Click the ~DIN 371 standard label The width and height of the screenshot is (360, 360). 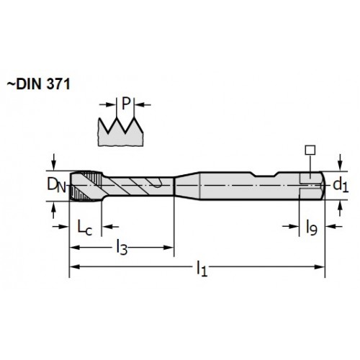click(38, 84)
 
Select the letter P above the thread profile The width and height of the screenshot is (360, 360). click(126, 104)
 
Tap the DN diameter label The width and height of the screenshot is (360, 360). click(57, 185)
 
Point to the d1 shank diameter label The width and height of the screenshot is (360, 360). click(341, 185)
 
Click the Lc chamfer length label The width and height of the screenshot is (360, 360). click(84, 227)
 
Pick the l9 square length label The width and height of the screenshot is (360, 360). click(312, 227)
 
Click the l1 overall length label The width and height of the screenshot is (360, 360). click(202, 269)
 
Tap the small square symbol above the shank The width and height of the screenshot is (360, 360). click(310, 150)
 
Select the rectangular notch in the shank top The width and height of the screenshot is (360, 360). click(264, 174)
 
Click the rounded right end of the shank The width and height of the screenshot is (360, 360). click(322, 185)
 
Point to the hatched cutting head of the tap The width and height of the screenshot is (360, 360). click(86, 186)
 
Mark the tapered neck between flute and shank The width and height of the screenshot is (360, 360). click(186, 186)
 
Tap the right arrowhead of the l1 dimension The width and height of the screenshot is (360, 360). click(320, 267)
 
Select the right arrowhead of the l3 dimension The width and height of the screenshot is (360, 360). click(168, 248)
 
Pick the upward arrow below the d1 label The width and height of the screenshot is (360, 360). click(340, 209)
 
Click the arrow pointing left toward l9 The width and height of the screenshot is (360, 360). click(333, 226)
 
